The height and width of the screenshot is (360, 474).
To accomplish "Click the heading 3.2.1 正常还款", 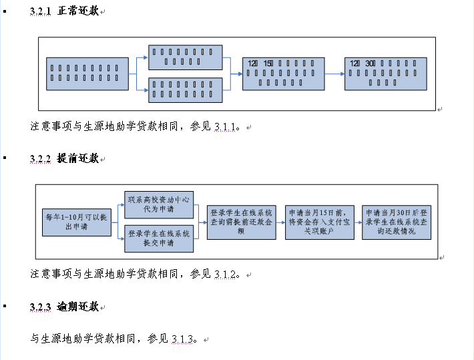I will [x=64, y=11].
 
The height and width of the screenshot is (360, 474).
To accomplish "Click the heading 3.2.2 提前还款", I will [x=64, y=159].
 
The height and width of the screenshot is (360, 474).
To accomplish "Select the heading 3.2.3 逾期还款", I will [x=64, y=307].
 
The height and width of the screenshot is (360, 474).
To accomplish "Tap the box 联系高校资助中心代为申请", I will [x=159, y=204].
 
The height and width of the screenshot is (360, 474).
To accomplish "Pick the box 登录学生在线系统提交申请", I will [x=159, y=238].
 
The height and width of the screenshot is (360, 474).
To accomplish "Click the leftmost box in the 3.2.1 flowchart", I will [x=88, y=74].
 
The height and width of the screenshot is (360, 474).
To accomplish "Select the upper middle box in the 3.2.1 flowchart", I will [x=185, y=57].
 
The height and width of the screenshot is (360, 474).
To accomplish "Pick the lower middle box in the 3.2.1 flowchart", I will [x=185, y=90].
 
